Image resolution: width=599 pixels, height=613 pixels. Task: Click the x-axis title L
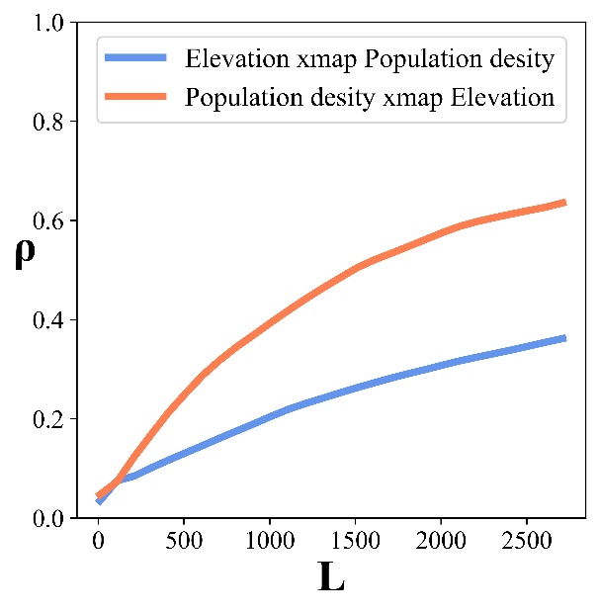332,578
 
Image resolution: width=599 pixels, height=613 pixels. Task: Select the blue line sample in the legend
137,59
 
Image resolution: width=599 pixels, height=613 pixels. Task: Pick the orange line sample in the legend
137,97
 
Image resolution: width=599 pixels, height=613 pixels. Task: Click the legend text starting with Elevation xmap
370,59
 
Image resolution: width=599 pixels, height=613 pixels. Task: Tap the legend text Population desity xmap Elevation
370,97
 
